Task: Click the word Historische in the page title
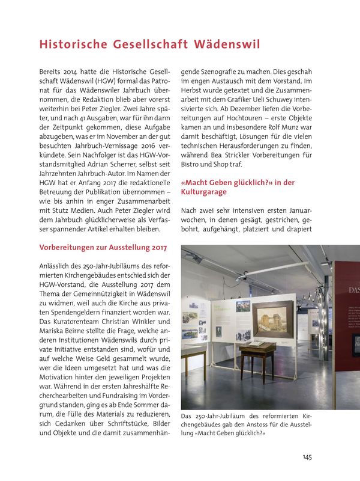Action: click(72, 44)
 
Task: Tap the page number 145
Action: click(307, 457)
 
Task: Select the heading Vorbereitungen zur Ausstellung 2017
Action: click(103, 247)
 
